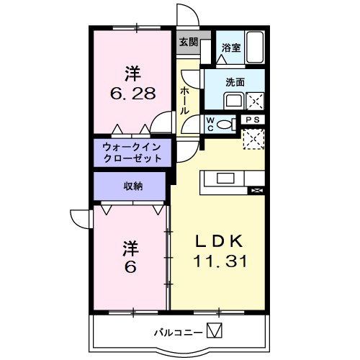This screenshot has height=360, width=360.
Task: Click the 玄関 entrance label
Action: click(x=189, y=41)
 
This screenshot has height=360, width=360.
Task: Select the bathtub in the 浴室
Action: click(x=255, y=46)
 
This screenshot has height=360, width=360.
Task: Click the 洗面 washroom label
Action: click(x=235, y=82)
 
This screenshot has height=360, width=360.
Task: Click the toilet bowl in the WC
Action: click(x=226, y=125)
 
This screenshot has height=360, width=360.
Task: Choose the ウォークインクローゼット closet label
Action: click(x=132, y=151)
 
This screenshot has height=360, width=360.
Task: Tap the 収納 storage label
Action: click(x=132, y=186)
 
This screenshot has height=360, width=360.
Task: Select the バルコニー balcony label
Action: click(x=176, y=332)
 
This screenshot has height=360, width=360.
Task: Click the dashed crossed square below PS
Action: click(x=253, y=137)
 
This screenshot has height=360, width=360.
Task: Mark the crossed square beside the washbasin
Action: click(x=255, y=100)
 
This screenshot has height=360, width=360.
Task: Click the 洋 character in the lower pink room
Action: click(x=130, y=248)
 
